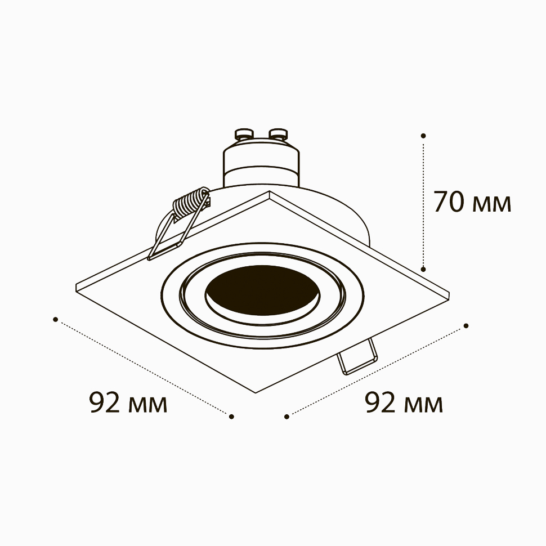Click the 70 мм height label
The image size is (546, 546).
tap(472, 202)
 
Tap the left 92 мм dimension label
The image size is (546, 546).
tap(128, 402)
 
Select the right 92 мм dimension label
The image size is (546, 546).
tap(404, 402)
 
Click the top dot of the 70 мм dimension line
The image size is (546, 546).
tap(423, 136)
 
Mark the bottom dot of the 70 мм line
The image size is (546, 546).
tap(423, 269)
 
